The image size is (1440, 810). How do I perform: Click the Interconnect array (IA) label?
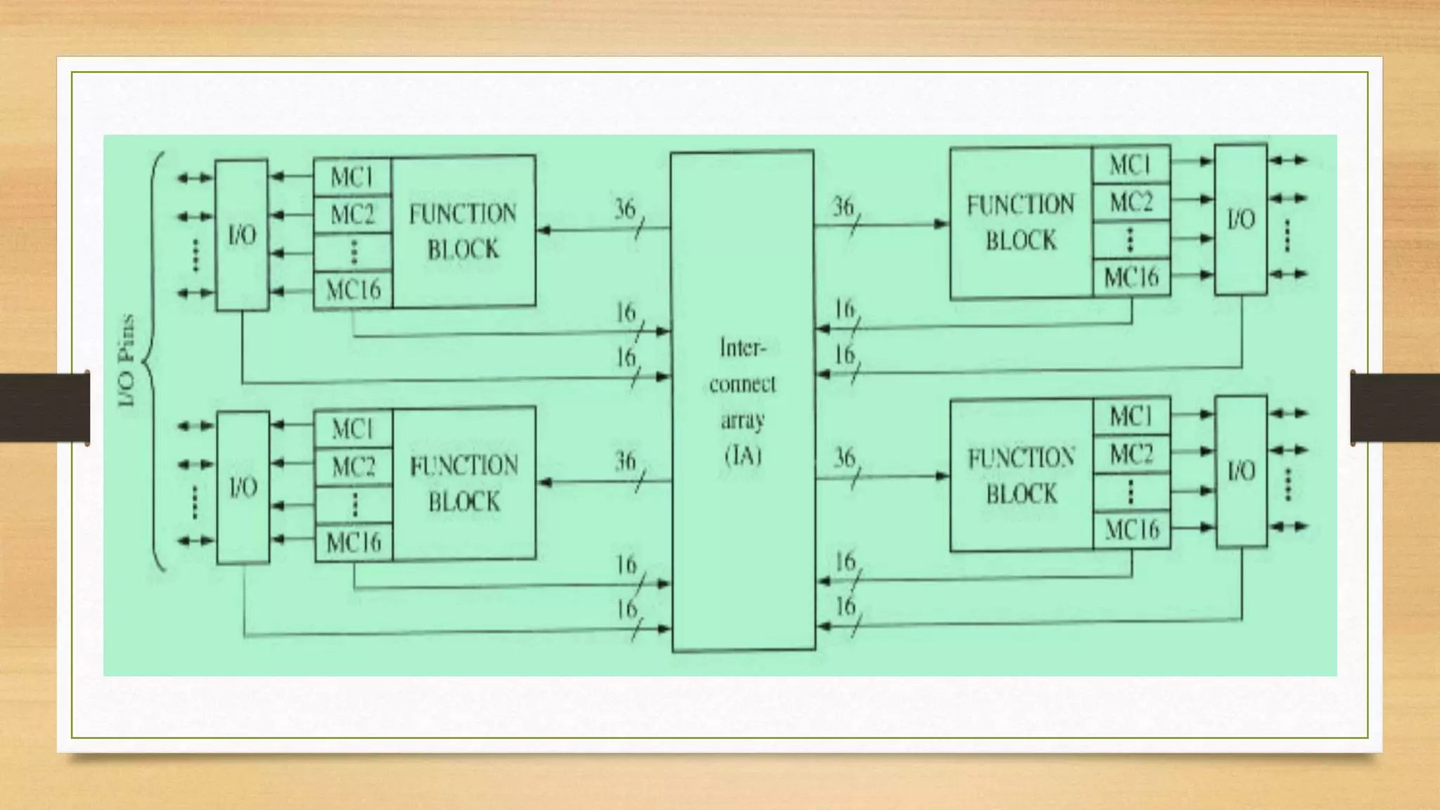(x=742, y=402)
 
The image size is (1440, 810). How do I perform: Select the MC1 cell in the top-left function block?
(x=352, y=177)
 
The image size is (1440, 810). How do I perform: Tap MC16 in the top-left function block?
(x=353, y=289)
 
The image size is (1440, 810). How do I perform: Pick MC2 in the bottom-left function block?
(x=353, y=467)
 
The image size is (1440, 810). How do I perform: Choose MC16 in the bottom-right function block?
(x=1131, y=529)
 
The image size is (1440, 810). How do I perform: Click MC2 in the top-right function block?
(x=1131, y=202)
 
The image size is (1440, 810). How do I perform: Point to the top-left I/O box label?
(x=242, y=236)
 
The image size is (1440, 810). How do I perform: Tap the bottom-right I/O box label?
(x=1241, y=471)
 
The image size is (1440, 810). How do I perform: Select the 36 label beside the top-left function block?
(x=625, y=209)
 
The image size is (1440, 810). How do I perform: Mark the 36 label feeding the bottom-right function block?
(x=844, y=458)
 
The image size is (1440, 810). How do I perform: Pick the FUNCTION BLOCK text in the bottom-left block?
(x=464, y=484)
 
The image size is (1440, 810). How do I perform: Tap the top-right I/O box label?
(x=1241, y=219)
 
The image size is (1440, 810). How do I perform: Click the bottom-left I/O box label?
(x=243, y=487)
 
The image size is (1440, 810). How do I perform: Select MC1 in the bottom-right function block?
(x=1131, y=417)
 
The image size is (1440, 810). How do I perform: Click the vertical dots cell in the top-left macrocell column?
(x=353, y=252)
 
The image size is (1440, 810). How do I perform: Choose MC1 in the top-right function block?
(x=1131, y=165)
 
